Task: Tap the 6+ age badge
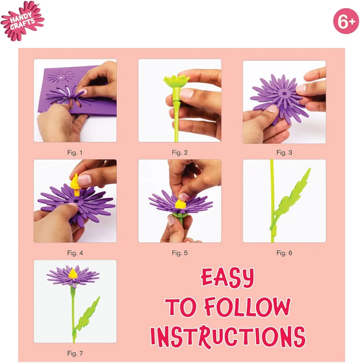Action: point(346,21)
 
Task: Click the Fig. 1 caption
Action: point(75,153)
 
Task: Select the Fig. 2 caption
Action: point(180,153)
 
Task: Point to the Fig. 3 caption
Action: point(284,153)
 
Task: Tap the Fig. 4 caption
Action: point(75,253)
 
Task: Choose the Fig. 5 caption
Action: point(180,253)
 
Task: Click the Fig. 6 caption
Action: point(284,253)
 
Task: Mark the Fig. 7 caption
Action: point(75,354)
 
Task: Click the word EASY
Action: point(228,277)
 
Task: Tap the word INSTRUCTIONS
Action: point(228,337)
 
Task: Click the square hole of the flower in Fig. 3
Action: point(284,93)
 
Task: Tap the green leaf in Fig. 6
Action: point(291,199)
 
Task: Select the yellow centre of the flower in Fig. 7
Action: point(73,274)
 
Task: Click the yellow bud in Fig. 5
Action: point(180,204)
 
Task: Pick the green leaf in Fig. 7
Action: point(87,315)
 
